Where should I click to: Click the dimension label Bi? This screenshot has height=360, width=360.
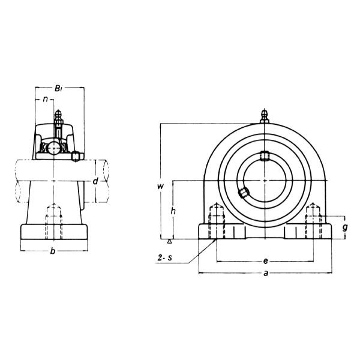point(58,88)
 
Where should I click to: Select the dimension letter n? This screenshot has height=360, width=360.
point(46,99)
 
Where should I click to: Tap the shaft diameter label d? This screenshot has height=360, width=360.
point(95,181)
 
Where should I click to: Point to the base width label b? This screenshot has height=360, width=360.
point(53,251)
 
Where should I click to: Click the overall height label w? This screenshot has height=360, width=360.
point(160,186)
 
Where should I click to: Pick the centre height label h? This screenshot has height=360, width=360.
point(173,211)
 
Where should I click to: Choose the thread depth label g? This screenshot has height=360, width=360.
point(345,227)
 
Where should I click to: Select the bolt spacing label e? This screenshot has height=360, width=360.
point(265,261)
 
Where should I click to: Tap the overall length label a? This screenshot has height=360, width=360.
point(266,273)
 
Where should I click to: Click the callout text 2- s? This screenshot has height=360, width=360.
point(165,258)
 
